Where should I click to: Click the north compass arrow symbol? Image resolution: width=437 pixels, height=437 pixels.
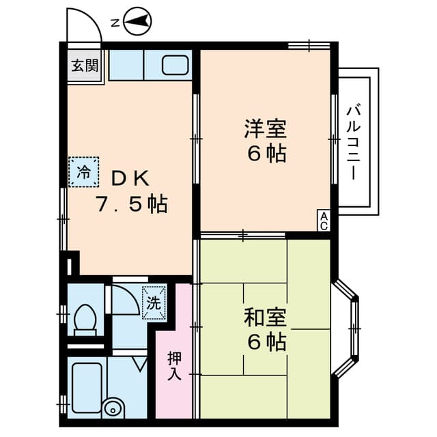pyautogui.click(x=138, y=23)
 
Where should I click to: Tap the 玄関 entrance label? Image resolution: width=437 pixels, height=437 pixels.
pyautogui.click(x=85, y=66)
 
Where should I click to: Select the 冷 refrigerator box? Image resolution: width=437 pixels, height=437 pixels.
pyautogui.click(x=83, y=171)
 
